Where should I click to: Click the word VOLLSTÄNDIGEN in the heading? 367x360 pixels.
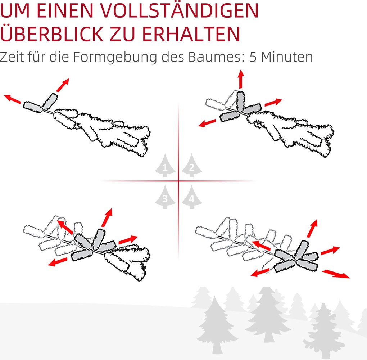180,10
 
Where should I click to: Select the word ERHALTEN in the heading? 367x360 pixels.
191,34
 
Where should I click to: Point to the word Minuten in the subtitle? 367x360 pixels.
287,57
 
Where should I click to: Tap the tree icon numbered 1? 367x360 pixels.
165,165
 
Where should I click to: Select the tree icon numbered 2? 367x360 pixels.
192,165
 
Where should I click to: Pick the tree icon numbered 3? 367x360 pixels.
165,197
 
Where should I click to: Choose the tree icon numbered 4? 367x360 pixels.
192,197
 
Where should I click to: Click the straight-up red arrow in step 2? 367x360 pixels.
241,79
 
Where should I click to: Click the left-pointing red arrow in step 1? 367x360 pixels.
12,99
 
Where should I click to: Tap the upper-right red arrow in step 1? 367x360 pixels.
63,85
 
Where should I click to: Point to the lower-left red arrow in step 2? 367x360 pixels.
207,123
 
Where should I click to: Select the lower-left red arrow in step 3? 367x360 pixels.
58,262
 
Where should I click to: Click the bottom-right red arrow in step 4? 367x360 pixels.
336,274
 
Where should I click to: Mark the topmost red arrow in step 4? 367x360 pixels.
312,228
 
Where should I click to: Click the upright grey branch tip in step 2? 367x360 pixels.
241,101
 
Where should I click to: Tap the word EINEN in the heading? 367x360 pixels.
65,10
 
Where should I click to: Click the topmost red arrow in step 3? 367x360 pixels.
107,217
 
